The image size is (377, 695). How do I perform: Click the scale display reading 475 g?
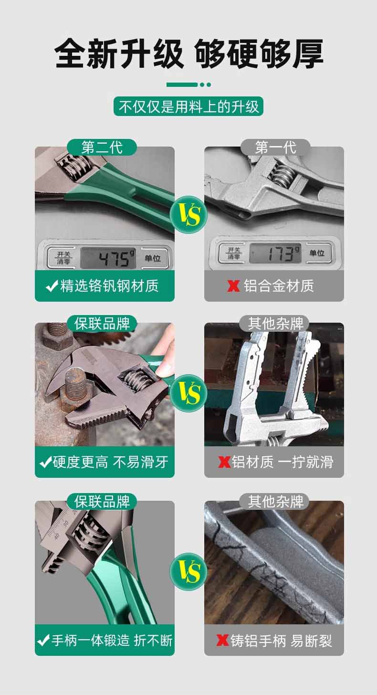pos(108,258)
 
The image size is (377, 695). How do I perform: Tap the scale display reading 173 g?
pos(275,253)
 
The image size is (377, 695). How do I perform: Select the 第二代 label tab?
pos(102,147)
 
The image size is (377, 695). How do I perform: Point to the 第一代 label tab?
pos(275,147)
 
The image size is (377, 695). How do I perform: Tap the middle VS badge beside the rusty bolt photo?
pos(188,393)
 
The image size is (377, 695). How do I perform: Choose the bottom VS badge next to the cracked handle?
pos(188,571)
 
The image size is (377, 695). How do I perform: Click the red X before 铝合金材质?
pos(233,286)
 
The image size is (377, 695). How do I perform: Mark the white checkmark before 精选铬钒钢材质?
pos(52,286)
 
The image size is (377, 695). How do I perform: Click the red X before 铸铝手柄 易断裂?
pos(222,640)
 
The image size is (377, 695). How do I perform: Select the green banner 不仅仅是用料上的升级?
pos(188,106)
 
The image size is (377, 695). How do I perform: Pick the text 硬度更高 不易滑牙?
pos(110,462)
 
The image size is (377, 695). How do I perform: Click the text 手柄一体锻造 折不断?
pos(112,640)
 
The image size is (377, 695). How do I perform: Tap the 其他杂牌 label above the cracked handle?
pos(275,502)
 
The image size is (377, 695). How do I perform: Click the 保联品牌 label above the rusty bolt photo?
pos(102,324)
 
